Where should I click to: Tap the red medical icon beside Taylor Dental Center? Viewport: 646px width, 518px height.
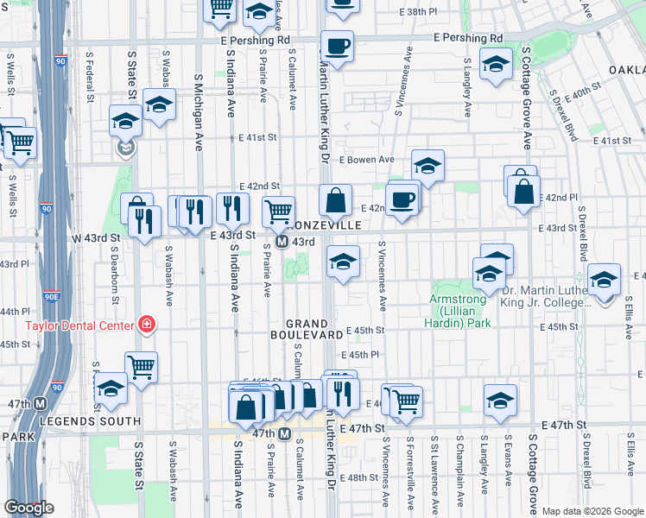pyautogui.click(x=147, y=325)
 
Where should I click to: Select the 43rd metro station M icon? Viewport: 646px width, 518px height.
pyautogui.click(x=282, y=242)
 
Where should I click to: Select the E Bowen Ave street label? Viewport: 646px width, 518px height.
pyautogui.click(x=367, y=160)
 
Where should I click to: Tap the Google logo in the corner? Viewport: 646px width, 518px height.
pyautogui.click(x=28, y=508)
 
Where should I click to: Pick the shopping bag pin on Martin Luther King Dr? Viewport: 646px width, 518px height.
pyautogui.click(x=335, y=202)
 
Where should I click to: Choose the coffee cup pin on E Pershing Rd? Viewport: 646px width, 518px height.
pyautogui.click(x=337, y=46)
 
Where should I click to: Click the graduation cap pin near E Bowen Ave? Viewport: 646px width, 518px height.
pyautogui.click(x=427, y=165)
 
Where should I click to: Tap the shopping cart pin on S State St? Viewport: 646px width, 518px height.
pyautogui.click(x=141, y=367)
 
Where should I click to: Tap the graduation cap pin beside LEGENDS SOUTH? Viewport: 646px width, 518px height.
pyautogui.click(x=111, y=391)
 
